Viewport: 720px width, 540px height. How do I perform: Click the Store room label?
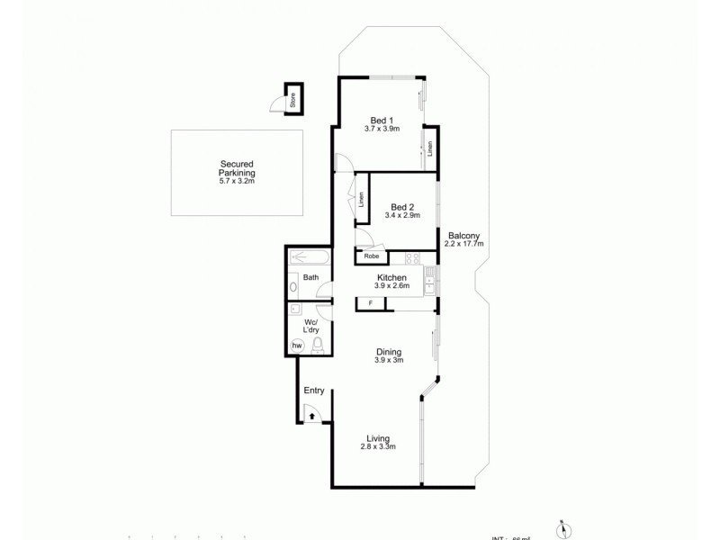click(292, 100)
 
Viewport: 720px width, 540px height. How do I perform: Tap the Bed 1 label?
click(382, 120)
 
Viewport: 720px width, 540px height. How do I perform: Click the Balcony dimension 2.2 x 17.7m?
click(465, 244)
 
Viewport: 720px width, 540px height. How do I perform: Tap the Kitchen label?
click(392, 277)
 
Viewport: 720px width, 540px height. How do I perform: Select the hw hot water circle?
click(296, 346)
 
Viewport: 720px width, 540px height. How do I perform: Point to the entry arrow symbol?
click(311, 416)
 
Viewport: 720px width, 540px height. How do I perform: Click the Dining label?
click(389, 352)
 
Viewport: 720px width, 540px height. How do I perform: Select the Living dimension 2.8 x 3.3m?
click(378, 447)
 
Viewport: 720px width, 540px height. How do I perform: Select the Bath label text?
click(310, 278)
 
